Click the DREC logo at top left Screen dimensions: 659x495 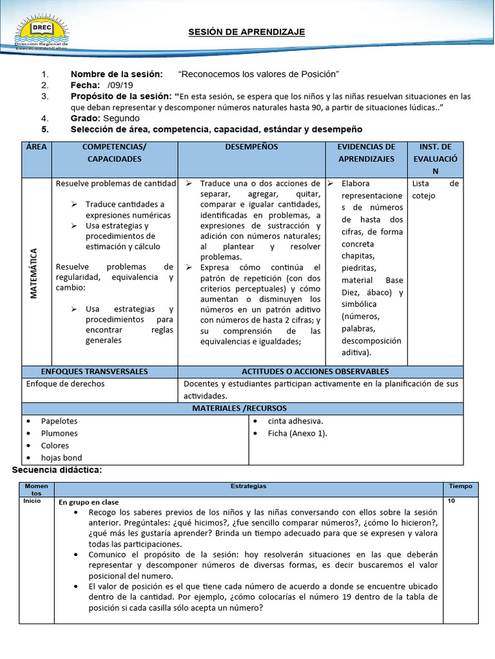tap(42, 34)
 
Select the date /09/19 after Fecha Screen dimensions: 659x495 tap(121, 86)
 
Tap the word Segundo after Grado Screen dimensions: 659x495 tap(121, 118)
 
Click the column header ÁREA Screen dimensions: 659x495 tap(37, 147)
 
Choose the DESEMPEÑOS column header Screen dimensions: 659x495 tap(251, 147)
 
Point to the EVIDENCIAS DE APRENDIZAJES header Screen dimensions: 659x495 tap(366, 153)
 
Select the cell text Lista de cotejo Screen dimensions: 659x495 tap(435, 190)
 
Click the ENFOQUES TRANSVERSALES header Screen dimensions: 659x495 tap(95, 372)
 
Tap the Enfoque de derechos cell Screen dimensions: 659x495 tap(65, 384)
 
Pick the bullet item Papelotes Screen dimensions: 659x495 tap(59, 422)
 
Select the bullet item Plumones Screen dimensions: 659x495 tap(59, 434)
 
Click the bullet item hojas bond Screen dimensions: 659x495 tap(62, 458)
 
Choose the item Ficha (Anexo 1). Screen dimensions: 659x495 tap(297, 434)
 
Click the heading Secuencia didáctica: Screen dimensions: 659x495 tap(57, 470)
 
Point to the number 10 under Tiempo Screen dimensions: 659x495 tap(451, 500)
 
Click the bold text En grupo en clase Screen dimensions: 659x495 tap(88, 502)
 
